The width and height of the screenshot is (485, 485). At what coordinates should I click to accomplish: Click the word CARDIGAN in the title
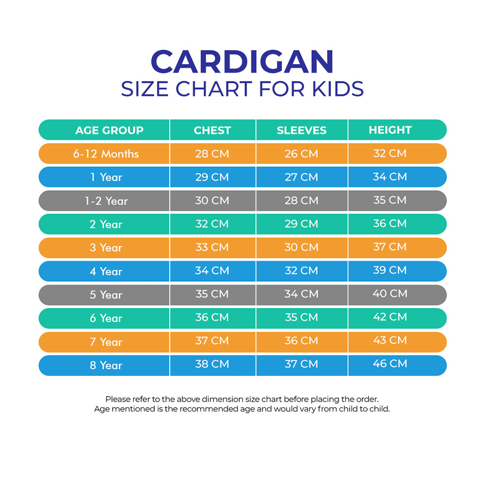point(242,62)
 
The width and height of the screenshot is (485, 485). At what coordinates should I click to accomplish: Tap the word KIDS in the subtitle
point(339,89)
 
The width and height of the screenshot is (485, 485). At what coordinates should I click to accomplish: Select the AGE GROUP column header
point(109,130)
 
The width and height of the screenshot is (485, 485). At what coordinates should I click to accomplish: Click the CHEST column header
point(212,130)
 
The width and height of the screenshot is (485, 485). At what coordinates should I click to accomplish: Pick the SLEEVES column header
point(302,130)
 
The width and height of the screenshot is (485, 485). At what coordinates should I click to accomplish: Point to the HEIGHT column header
point(390,130)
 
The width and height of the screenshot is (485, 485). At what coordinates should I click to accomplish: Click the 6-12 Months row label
point(106,154)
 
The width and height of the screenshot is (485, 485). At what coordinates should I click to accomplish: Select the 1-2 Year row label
point(106,201)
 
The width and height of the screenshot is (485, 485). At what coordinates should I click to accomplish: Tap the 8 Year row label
point(106,365)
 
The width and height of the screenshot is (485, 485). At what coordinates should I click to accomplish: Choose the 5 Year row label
point(106,295)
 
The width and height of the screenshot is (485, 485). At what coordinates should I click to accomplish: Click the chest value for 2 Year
point(212,224)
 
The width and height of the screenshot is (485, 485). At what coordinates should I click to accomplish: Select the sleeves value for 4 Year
point(302,271)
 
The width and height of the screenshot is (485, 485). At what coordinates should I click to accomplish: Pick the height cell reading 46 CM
point(390,364)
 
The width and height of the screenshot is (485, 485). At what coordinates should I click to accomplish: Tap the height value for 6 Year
point(390,317)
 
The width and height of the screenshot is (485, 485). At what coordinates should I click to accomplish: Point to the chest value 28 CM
point(212,154)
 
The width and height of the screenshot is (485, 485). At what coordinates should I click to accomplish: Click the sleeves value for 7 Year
point(302,341)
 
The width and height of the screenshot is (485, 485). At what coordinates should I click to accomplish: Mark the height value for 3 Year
point(390,247)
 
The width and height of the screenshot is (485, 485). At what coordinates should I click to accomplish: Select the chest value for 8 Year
point(212,364)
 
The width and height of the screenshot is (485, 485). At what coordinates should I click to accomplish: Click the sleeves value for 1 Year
point(302,177)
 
